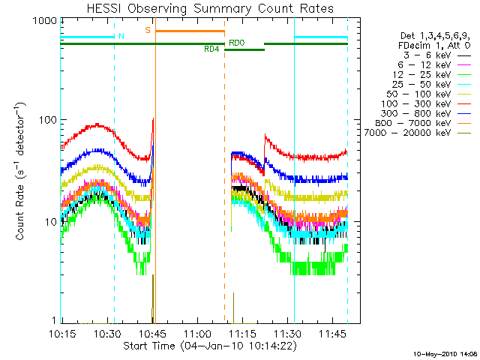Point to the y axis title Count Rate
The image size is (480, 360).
coord(20,172)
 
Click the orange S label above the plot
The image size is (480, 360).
coord(148,30)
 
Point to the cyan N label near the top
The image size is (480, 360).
coord(121,35)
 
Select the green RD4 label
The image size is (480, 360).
coord(212,49)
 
